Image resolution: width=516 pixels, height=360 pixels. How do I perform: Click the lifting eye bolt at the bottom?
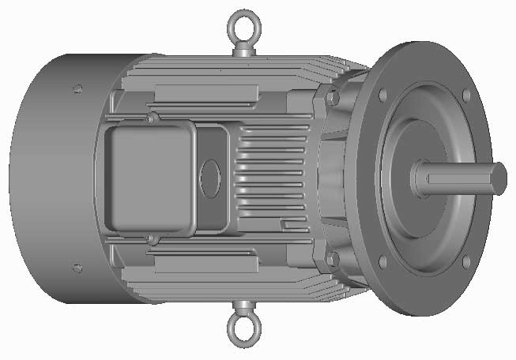point(242,331)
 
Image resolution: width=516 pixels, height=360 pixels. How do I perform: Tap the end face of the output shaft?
point(499,178)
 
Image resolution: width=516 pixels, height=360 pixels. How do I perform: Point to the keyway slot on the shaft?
point(458,178)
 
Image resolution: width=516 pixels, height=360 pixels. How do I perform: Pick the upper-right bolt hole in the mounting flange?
point(465,96)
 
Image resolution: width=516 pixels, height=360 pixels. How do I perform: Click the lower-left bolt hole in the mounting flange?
point(383,261)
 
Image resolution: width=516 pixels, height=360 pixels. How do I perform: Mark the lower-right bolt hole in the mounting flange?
point(465,261)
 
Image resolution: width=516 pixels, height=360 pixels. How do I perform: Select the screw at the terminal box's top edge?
point(151,119)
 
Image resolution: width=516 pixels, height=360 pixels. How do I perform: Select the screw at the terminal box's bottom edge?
point(151,238)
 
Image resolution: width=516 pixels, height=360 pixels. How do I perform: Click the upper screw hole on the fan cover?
point(77,88)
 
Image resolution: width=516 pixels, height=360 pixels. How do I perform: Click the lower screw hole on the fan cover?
point(77,268)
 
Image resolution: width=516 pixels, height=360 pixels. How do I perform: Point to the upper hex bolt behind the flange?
point(333,98)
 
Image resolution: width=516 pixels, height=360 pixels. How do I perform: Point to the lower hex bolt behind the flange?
point(333,258)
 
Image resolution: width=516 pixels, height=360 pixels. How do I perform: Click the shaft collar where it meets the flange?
point(417,178)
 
